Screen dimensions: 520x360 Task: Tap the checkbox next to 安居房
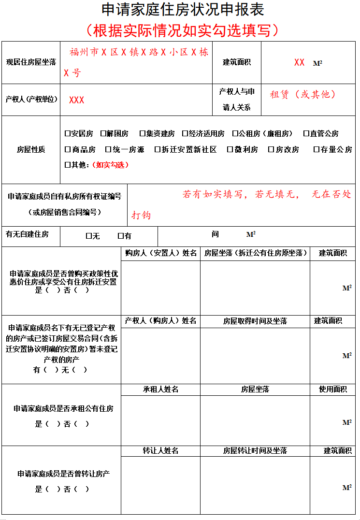(x=67, y=133)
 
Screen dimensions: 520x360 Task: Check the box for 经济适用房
(x=185, y=133)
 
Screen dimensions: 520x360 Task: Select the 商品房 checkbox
(x=67, y=150)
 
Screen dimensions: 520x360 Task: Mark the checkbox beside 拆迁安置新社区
(x=157, y=150)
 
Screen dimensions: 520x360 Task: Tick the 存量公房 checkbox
(x=316, y=150)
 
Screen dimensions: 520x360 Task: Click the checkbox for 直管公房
(x=306, y=133)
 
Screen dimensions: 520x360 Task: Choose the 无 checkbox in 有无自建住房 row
(x=88, y=236)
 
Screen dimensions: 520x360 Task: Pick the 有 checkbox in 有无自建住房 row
(x=120, y=236)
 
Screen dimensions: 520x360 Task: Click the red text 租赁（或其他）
(x=302, y=95)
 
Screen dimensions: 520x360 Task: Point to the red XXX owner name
(x=76, y=100)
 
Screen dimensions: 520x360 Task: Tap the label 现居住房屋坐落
(x=30, y=62)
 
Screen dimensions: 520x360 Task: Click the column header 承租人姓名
(x=160, y=390)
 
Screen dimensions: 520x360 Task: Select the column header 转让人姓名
(x=160, y=451)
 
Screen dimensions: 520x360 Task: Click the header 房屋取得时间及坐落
(x=255, y=321)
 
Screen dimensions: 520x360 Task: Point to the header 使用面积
(x=333, y=390)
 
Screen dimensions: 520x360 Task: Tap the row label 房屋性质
(x=30, y=150)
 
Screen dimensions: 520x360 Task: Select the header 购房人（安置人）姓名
(x=160, y=253)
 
